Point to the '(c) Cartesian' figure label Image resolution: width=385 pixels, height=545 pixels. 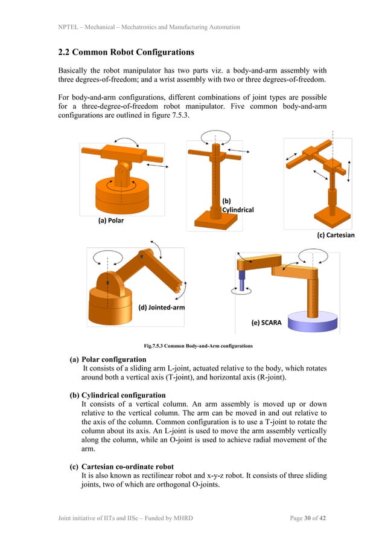(x=336, y=235)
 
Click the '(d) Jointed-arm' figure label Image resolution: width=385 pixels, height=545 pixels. (x=162, y=307)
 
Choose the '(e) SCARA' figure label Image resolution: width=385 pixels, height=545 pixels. (x=267, y=322)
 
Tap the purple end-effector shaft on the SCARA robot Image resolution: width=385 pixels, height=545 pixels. (x=243, y=281)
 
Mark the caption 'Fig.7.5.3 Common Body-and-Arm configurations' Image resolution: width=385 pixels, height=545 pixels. (x=198, y=346)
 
